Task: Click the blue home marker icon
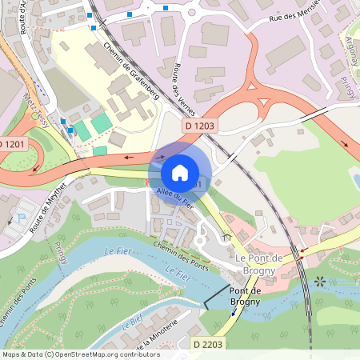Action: (x=180, y=172)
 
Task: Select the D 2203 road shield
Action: (x=208, y=343)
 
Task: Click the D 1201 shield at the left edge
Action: (x=12, y=143)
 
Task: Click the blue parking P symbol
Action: (x=21, y=217)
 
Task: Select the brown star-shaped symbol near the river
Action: (x=321, y=281)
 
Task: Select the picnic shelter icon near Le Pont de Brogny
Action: (x=226, y=236)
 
